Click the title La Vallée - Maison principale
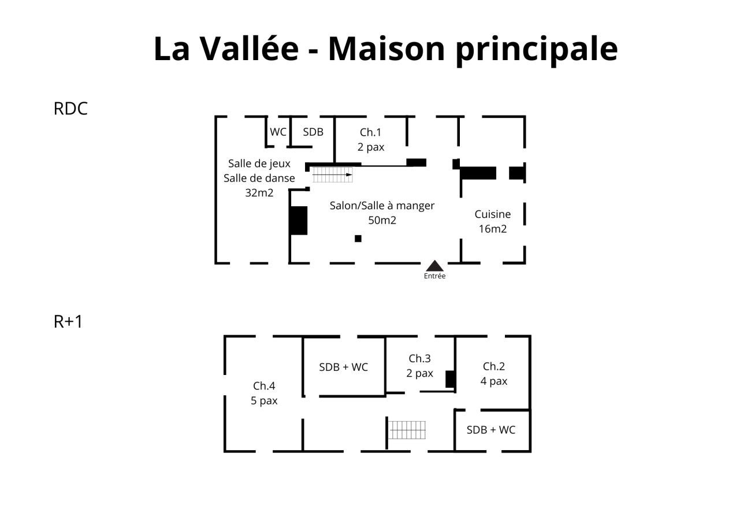(x=385, y=49)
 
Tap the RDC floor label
(x=70, y=109)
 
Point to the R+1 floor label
(x=68, y=321)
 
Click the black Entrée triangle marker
(x=434, y=266)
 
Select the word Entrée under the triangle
(x=434, y=276)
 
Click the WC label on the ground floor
(x=278, y=132)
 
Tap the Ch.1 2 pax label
(x=370, y=139)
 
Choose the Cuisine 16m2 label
(x=492, y=221)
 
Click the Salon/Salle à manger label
(x=382, y=206)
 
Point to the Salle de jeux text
(x=259, y=164)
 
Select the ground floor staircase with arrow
(x=333, y=174)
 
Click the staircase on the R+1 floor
(x=407, y=430)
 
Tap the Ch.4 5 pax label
(x=264, y=393)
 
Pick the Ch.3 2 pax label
(x=419, y=366)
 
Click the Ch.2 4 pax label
(x=493, y=373)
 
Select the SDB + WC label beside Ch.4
(x=343, y=367)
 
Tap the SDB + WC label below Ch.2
(x=490, y=430)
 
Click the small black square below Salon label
(x=358, y=239)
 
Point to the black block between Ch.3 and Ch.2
(x=450, y=379)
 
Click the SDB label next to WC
(x=313, y=132)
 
